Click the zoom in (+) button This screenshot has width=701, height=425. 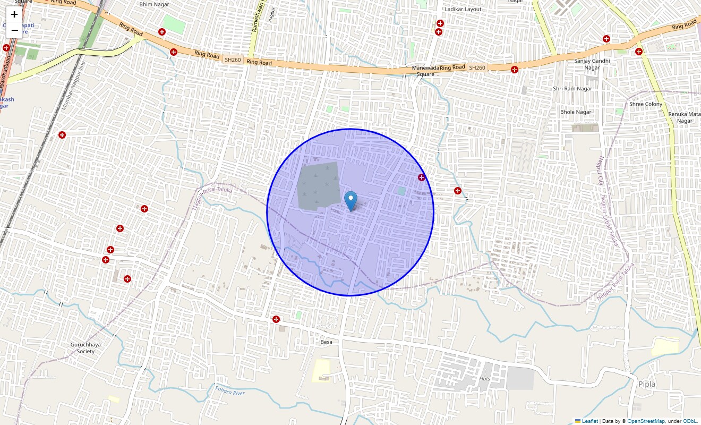[14, 14]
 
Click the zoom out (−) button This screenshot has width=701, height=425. [14, 30]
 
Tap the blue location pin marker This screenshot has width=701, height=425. [350, 201]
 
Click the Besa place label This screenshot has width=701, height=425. [326, 342]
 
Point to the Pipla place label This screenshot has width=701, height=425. [647, 384]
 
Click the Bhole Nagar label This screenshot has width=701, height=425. [576, 112]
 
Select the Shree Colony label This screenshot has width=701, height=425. [646, 104]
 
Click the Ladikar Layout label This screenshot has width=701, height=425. [463, 9]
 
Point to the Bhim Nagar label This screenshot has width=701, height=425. [154, 4]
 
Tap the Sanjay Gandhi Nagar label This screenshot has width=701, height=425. [592, 64]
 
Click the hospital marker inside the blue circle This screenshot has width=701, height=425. [421, 177]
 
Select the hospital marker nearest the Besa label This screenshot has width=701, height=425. [276, 319]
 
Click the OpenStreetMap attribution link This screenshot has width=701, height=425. [646, 421]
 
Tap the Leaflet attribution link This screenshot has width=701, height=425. [589, 421]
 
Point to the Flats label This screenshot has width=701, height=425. [484, 379]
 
